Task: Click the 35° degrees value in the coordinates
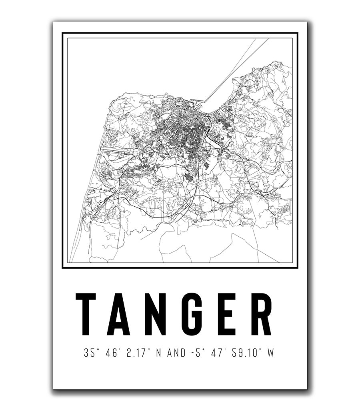point(90,353)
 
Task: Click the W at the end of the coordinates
point(272,353)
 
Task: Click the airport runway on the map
point(116,151)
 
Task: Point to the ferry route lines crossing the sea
point(232,68)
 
